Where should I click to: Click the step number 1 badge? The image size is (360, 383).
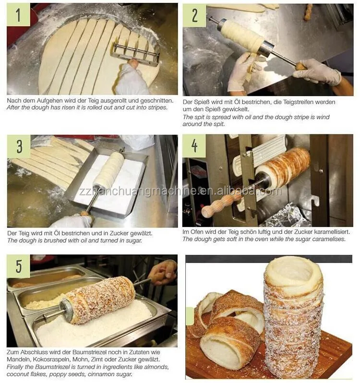[x=19, y=15]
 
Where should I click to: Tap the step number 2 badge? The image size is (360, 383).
[x=194, y=15]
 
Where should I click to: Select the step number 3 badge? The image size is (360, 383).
[x=19, y=146]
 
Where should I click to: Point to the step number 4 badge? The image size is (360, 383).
[x=194, y=146]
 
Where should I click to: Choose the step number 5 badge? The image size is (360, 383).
[x=18, y=266]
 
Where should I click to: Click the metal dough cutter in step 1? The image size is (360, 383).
[x=136, y=52]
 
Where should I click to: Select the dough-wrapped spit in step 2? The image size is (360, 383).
[x=242, y=35]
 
